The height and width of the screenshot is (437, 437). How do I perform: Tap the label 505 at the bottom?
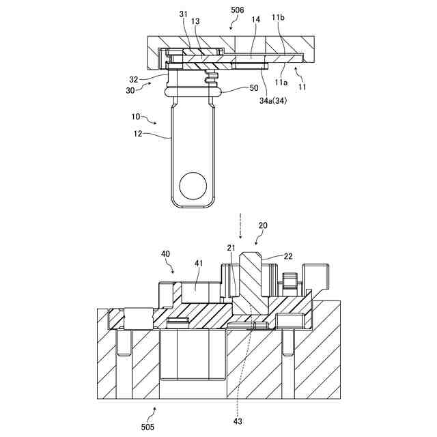click(147, 427)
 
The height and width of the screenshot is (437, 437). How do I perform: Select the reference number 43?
click(238, 421)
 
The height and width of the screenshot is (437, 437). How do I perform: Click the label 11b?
click(278, 16)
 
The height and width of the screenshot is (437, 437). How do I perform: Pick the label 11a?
click(281, 82)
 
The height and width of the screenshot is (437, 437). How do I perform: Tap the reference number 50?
click(254, 89)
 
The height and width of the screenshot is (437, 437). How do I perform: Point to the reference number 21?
click(231, 247)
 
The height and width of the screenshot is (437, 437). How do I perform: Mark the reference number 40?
click(166, 253)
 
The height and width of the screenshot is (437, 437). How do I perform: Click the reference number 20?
click(263, 225)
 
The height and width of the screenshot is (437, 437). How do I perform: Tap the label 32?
click(134, 79)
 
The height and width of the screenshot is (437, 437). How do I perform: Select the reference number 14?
click(255, 20)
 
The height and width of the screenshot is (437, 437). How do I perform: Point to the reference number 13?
click(195, 22)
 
